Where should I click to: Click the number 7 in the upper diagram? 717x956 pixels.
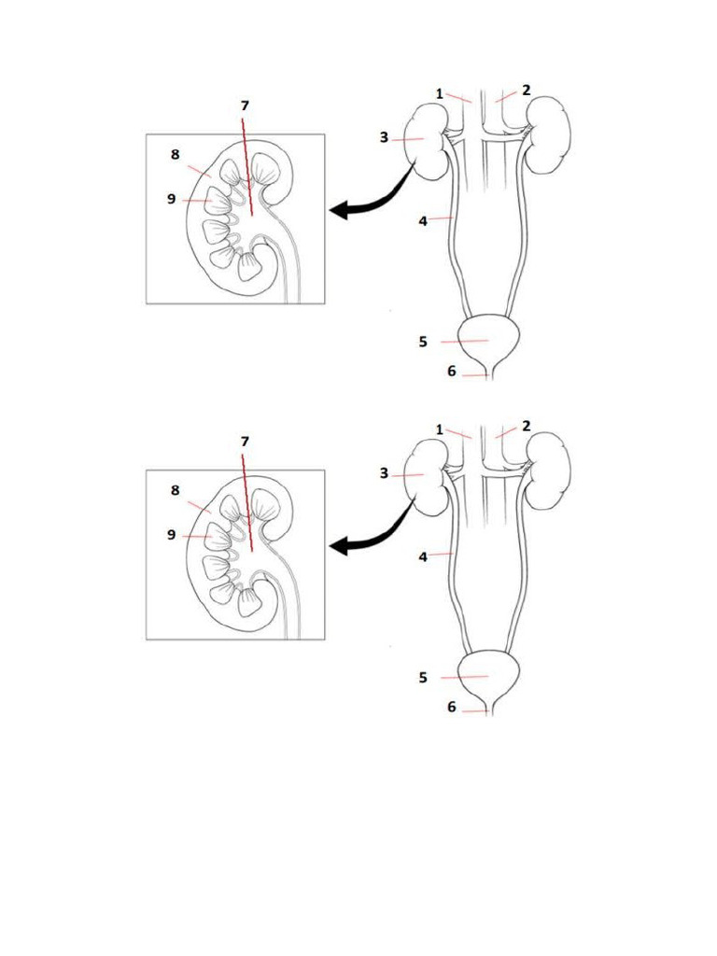tap(245, 105)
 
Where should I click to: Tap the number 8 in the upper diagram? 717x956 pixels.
tap(175, 154)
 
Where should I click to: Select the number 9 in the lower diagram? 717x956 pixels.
tap(172, 534)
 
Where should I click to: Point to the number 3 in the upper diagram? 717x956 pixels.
tap(384, 137)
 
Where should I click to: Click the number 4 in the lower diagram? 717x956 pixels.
tap(423, 556)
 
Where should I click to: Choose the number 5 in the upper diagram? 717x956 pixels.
tap(423, 342)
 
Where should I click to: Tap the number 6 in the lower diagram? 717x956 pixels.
tap(451, 707)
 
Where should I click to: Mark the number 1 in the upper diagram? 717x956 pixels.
tap(440, 94)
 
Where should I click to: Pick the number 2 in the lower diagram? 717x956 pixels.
tap(527, 426)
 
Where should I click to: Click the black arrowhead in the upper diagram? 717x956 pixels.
tap(340, 210)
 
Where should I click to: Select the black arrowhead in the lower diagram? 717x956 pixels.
tap(340, 545)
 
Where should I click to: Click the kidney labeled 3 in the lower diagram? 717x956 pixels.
tap(429, 477)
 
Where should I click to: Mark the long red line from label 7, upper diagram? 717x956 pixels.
tap(246, 167)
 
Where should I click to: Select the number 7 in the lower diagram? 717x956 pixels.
tap(245, 441)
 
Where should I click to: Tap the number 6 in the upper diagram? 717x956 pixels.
tap(451, 371)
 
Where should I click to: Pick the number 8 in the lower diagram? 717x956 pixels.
tap(175, 489)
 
